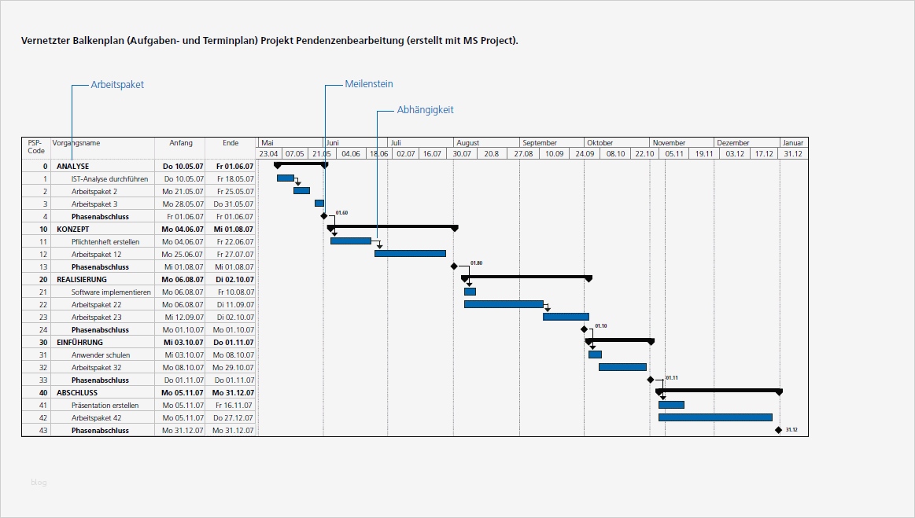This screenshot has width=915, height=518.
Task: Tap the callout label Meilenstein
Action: click(x=368, y=84)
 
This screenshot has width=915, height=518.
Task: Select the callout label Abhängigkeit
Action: click(x=425, y=110)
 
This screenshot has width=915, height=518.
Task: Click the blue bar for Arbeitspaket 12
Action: click(x=410, y=254)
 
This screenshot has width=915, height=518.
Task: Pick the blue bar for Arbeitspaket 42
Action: click(x=715, y=417)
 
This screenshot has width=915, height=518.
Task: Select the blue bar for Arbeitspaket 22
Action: click(x=504, y=304)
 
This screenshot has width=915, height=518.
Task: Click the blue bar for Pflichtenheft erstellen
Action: click(x=351, y=241)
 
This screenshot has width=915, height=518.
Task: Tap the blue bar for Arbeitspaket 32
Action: click(x=622, y=367)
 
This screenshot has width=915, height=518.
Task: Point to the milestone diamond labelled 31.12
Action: click(x=778, y=430)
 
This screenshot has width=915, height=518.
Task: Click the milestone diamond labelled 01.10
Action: click(x=584, y=329)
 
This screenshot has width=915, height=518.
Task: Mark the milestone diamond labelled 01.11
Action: click(x=651, y=380)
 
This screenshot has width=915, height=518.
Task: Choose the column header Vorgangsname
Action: click(x=77, y=143)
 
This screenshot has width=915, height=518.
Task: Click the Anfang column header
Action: click(x=180, y=143)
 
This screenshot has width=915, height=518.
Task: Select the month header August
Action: click(x=467, y=143)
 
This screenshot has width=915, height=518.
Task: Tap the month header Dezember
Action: click(x=732, y=143)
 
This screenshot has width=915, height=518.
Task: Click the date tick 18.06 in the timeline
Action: click(x=378, y=154)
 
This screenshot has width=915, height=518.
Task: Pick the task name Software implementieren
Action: click(x=110, y=292)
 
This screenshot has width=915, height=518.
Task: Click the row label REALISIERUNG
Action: click(x=82, y=279)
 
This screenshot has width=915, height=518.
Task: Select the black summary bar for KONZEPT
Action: click(x=393, y=226)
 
